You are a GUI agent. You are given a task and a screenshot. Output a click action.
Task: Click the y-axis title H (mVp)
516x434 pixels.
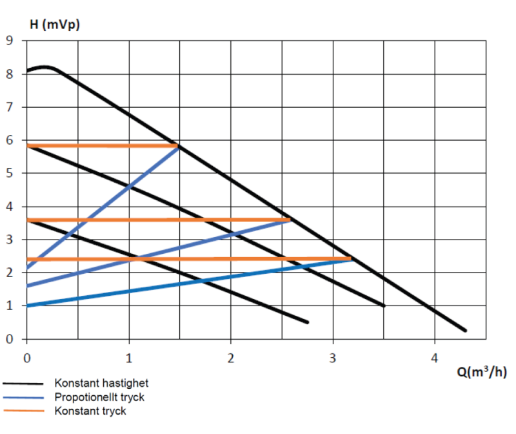coord(55,25)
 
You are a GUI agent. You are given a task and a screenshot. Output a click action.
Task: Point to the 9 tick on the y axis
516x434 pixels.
coord(10,41)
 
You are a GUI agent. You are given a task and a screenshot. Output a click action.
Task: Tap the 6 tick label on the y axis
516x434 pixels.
coord(10,140)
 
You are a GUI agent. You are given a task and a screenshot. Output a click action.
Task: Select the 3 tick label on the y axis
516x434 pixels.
coord(10,240)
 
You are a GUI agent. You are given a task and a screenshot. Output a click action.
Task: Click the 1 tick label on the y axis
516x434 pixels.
coord(10,306)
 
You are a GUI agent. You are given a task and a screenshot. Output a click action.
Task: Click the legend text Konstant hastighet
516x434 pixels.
coord(101,384)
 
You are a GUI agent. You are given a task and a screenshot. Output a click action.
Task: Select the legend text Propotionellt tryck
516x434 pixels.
coord(99,397)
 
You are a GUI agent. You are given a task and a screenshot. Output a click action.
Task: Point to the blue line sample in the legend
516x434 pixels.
coord(25,397)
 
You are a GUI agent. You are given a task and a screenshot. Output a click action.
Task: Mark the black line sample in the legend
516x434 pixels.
coord(25,384)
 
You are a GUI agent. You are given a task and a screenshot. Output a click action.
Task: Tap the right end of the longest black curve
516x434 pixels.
coord(465,331)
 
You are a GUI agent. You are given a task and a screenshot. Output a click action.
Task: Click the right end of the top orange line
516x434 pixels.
coord(178,145)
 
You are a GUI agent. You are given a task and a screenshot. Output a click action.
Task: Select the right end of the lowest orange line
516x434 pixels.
coord(351,259)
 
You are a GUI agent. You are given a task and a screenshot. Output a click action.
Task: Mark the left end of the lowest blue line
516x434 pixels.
coord(27,305)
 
